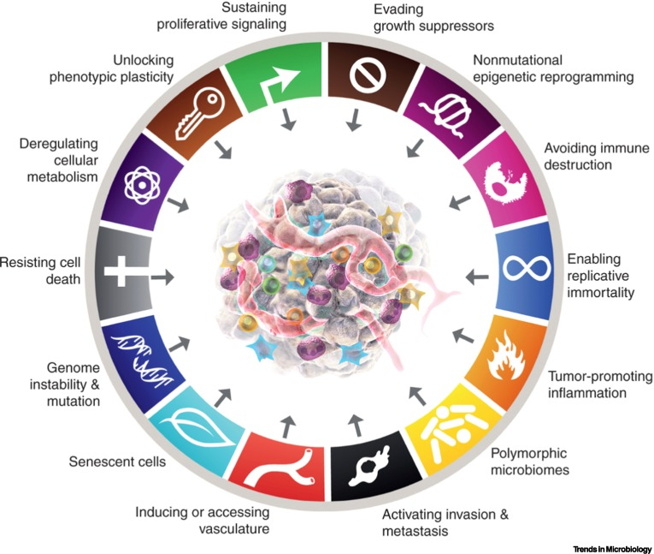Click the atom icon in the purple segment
pos(143,183)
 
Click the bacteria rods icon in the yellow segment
pos(453,426)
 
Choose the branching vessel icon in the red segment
pos(286,466)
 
